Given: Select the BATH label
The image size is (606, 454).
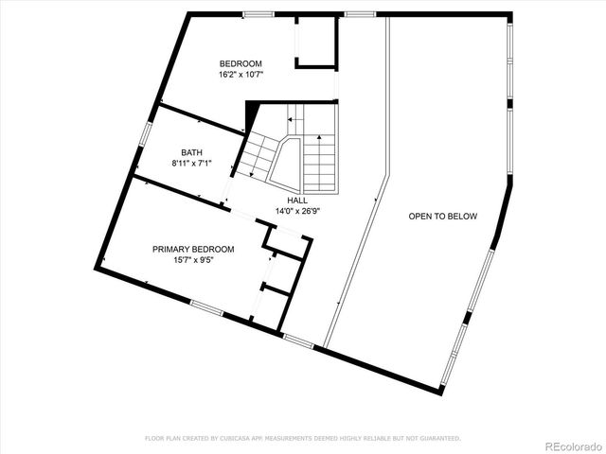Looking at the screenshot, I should click(191, 152).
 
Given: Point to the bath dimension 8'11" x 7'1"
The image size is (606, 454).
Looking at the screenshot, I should click(191, 163).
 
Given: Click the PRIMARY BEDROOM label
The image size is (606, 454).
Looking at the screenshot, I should click(193, 250).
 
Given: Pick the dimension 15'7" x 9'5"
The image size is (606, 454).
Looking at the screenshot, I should click(193, 260).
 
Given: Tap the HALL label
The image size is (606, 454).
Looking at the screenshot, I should click(297, 201).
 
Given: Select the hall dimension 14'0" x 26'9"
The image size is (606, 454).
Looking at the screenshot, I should click(297, 211).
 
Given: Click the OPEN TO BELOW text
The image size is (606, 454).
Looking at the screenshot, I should click(442, 217).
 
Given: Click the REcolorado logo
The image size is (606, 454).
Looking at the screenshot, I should click(572, 445).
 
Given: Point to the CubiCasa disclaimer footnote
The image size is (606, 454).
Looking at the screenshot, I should click(302, 438).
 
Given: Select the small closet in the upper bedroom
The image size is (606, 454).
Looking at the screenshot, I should click(316, 43).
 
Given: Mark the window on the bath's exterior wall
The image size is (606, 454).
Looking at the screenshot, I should click(145, 131).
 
